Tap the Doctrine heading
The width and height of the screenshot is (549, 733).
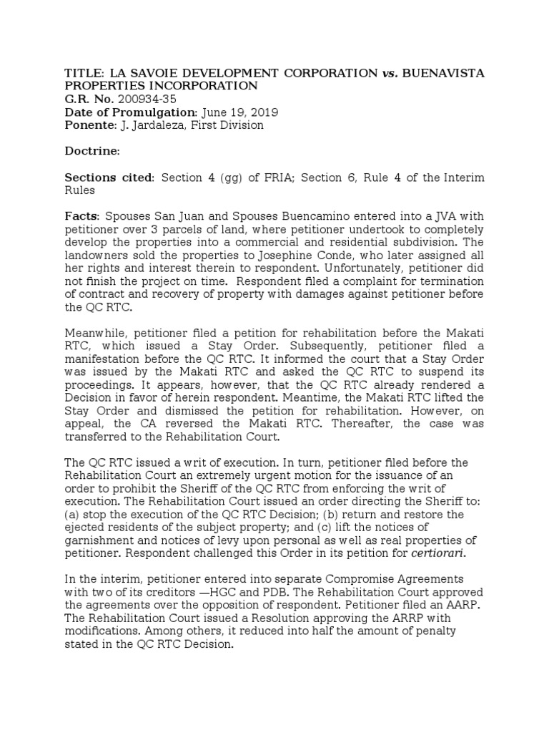coord(91,152)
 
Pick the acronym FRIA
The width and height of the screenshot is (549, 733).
coord(264,178)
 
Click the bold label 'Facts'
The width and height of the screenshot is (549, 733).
coord(82,216)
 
